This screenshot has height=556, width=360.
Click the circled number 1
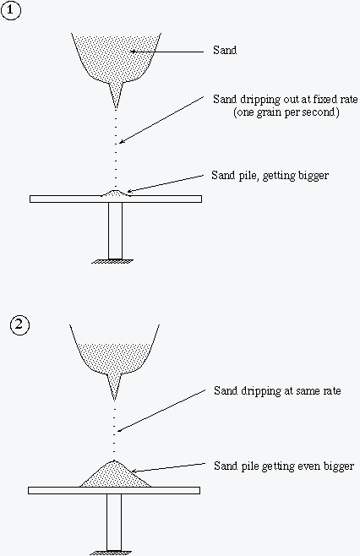11,10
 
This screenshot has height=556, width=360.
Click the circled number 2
19,325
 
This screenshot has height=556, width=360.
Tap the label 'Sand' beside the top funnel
225,51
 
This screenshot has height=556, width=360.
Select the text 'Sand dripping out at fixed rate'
286,99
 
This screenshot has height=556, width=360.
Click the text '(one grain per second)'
286,112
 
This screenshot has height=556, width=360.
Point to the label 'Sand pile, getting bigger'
270,175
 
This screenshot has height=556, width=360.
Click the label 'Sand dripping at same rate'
277,390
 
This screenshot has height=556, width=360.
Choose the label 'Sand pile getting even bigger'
284,466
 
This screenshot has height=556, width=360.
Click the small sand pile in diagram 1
115,193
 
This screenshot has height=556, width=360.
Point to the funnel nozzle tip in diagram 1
116,108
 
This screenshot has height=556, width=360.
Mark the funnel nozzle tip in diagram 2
114,400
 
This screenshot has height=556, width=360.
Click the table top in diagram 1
116,199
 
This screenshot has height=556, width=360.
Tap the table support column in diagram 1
115,231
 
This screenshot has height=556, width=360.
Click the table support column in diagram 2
114,522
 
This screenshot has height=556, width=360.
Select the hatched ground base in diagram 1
112,261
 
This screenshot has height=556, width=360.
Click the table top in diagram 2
114,490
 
